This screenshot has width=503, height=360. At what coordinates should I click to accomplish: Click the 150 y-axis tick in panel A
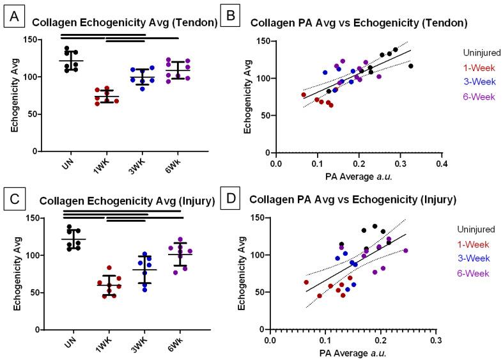point(27,40)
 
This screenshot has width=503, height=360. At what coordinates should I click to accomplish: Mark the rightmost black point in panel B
point(411,66)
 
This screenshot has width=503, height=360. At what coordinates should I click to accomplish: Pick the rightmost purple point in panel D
point(405,251)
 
